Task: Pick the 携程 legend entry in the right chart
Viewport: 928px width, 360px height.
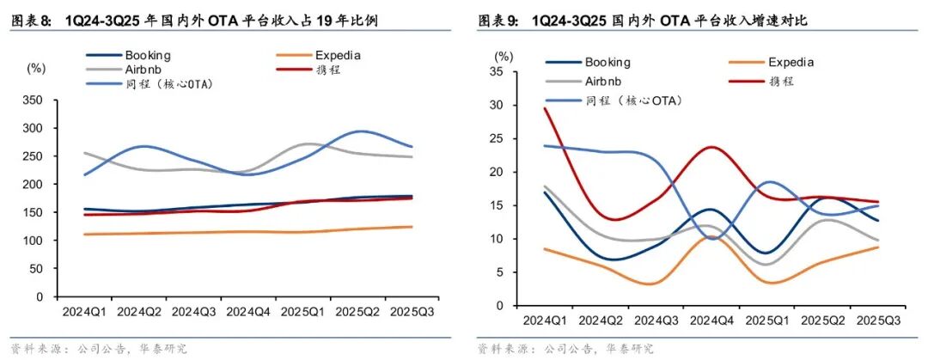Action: [778, 81]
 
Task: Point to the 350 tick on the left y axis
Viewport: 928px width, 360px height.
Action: [34, 101]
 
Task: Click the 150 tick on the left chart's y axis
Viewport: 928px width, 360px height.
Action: [34, 213]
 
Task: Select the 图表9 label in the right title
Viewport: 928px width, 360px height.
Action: [498, 20]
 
